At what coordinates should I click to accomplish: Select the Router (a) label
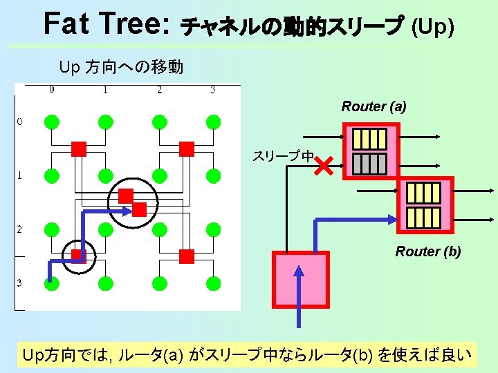(x=373, y=106)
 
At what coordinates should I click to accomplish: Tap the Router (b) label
(x=427, y=251)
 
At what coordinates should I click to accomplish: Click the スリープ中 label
(x=282, y=157)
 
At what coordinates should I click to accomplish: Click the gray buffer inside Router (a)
(x=369, y=163)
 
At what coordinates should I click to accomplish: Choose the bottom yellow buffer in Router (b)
(x=423, y=217)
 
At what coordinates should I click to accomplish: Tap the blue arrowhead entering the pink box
(x=300, y=271)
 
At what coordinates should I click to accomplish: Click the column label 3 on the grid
(x=212, y=89)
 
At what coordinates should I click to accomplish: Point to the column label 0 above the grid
(x=52, y=89)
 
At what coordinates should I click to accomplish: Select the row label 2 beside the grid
(x=19, y=229)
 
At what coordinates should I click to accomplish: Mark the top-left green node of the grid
(x=51, y=122)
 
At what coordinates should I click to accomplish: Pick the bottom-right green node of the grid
(x=213, y=283)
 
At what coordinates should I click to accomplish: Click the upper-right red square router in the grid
(x=186, y=149)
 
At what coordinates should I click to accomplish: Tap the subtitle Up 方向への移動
(x=121, y=67)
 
